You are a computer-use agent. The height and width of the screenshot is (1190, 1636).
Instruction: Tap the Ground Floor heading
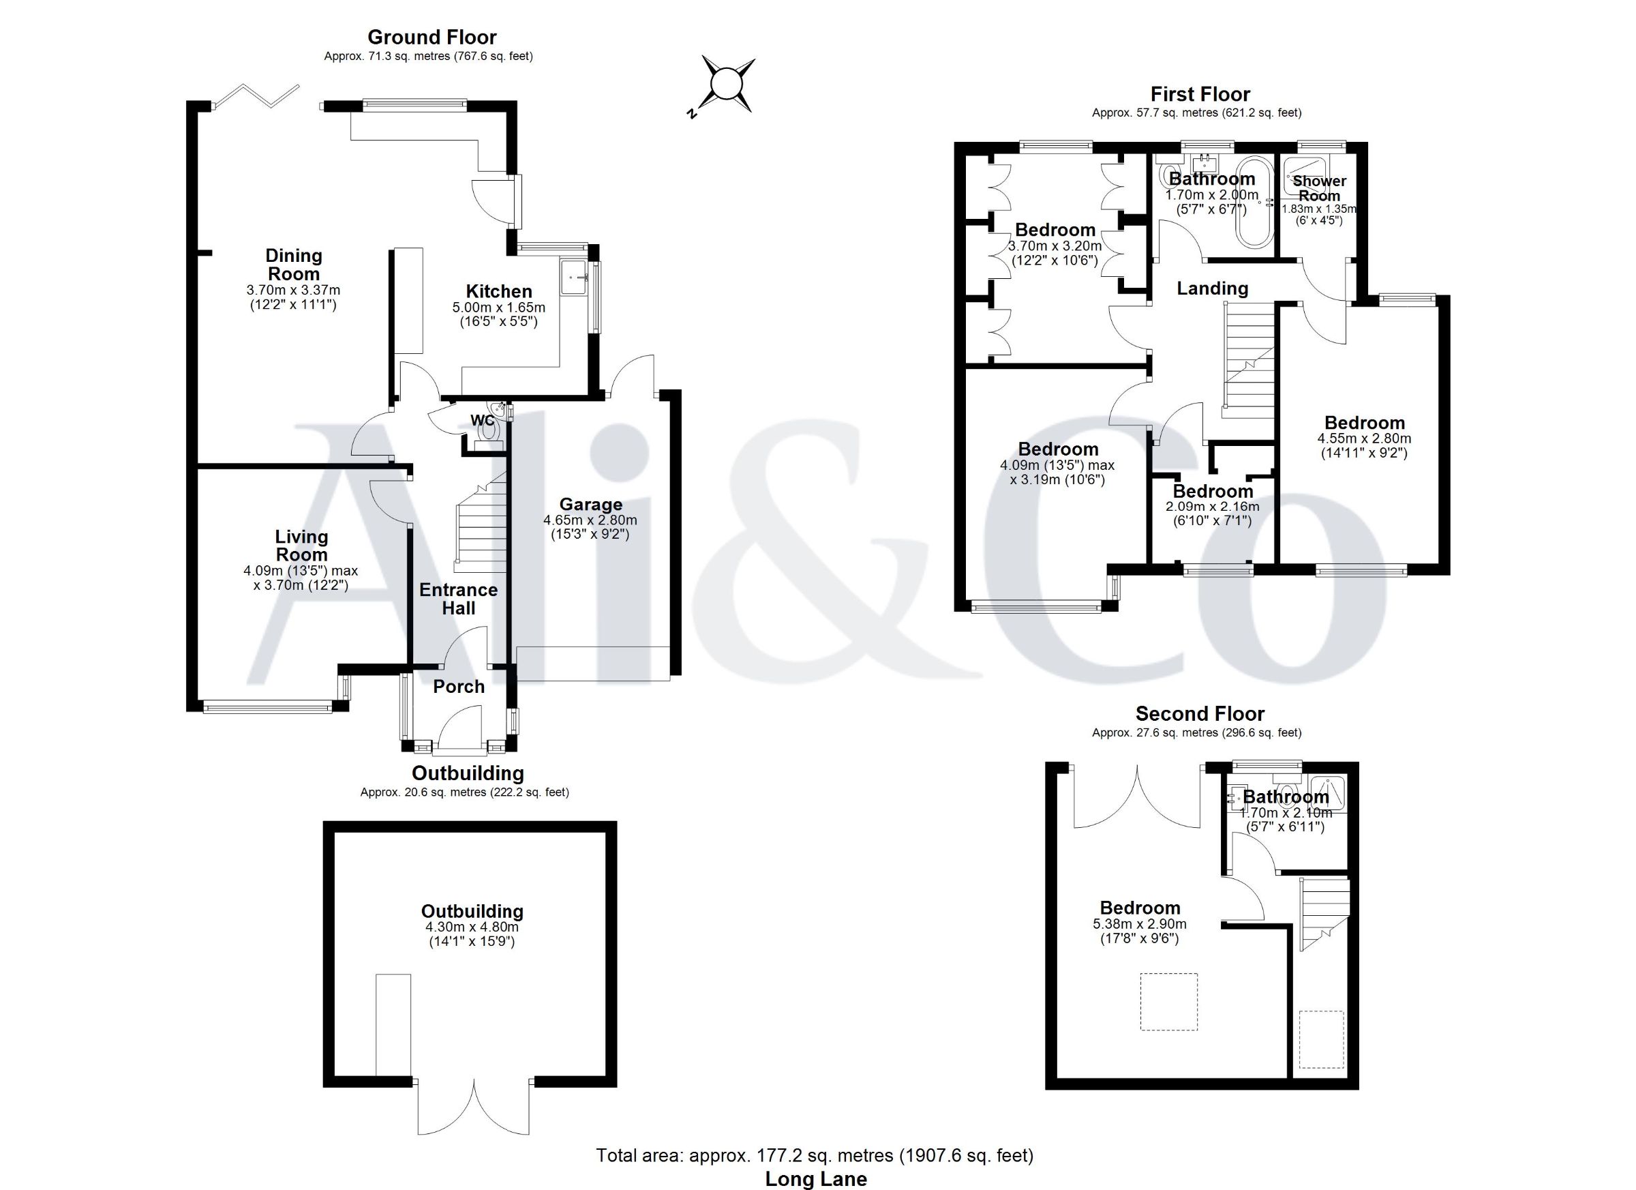coord(432,37)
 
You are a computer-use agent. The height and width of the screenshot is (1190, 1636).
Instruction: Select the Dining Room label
coord(294,265)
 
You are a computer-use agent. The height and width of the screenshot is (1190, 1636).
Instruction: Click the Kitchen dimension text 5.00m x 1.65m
coord(499,308)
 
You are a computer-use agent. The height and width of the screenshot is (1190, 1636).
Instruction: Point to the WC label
coord(483,420)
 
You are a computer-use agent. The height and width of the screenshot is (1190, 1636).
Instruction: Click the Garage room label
coord(591,505)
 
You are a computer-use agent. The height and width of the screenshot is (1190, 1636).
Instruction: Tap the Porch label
coord(459,686)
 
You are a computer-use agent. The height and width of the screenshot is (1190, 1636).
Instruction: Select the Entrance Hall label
coord(459,599)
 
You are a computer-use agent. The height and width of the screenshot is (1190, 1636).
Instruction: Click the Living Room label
coord(301,546)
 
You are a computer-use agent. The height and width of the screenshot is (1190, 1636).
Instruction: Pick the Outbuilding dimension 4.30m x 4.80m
coord(472,927)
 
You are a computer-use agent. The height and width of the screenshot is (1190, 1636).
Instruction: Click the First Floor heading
coord(1200,94)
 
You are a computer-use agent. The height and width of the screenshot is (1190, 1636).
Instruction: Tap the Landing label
coord(1213,288)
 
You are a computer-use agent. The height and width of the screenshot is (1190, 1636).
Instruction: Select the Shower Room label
coord(1319,188)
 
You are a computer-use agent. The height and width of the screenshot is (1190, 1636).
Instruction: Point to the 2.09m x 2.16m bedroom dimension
coord(1213,507)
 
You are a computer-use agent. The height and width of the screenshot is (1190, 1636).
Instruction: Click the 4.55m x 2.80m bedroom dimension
coord(1365,438)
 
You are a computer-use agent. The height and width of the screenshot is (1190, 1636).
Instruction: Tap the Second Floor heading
coord(1200,714)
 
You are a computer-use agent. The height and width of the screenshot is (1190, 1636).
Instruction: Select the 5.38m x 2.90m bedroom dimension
coord(1140,924)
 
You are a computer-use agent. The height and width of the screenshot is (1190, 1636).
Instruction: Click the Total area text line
coord(815,1155)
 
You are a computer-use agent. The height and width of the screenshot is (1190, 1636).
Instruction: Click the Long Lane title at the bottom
coord(816,1179)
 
